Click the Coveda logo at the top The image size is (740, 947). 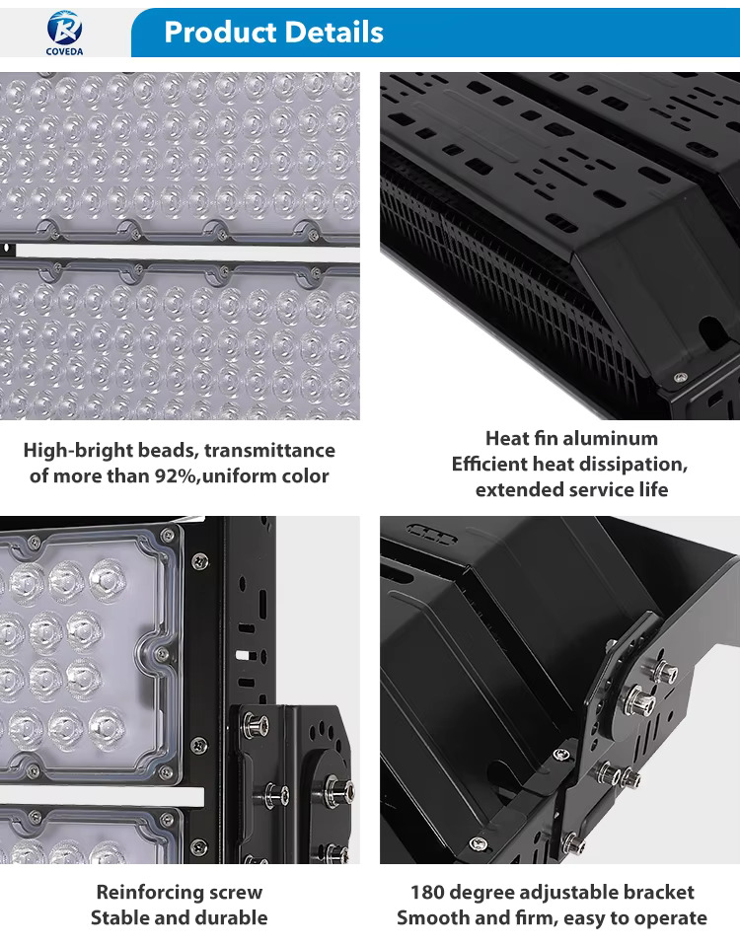coord(65,33)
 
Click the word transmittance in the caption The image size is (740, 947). coord(269,451)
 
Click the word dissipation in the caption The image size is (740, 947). coord(624,465)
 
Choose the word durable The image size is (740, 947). coord(230,917)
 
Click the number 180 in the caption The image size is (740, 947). coord(427,892)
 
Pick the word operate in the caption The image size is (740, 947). coord(669,918)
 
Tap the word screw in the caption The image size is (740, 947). coord(239,893)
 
